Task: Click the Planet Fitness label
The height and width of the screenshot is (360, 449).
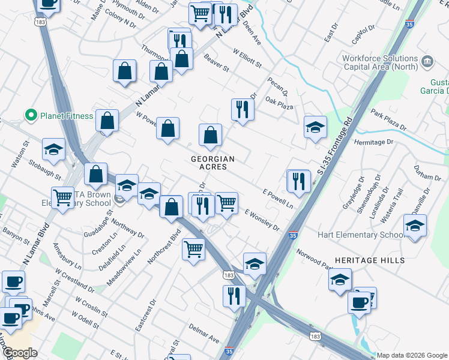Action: (66, 115)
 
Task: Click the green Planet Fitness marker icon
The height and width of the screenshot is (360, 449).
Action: (28, 115)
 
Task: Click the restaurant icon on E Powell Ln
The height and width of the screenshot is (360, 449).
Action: (298, 181)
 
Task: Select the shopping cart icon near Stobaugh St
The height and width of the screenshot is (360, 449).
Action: (62, 197)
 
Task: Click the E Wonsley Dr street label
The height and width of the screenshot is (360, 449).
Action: (262, 221)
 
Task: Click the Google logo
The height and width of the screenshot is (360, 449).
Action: (20, 353)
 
